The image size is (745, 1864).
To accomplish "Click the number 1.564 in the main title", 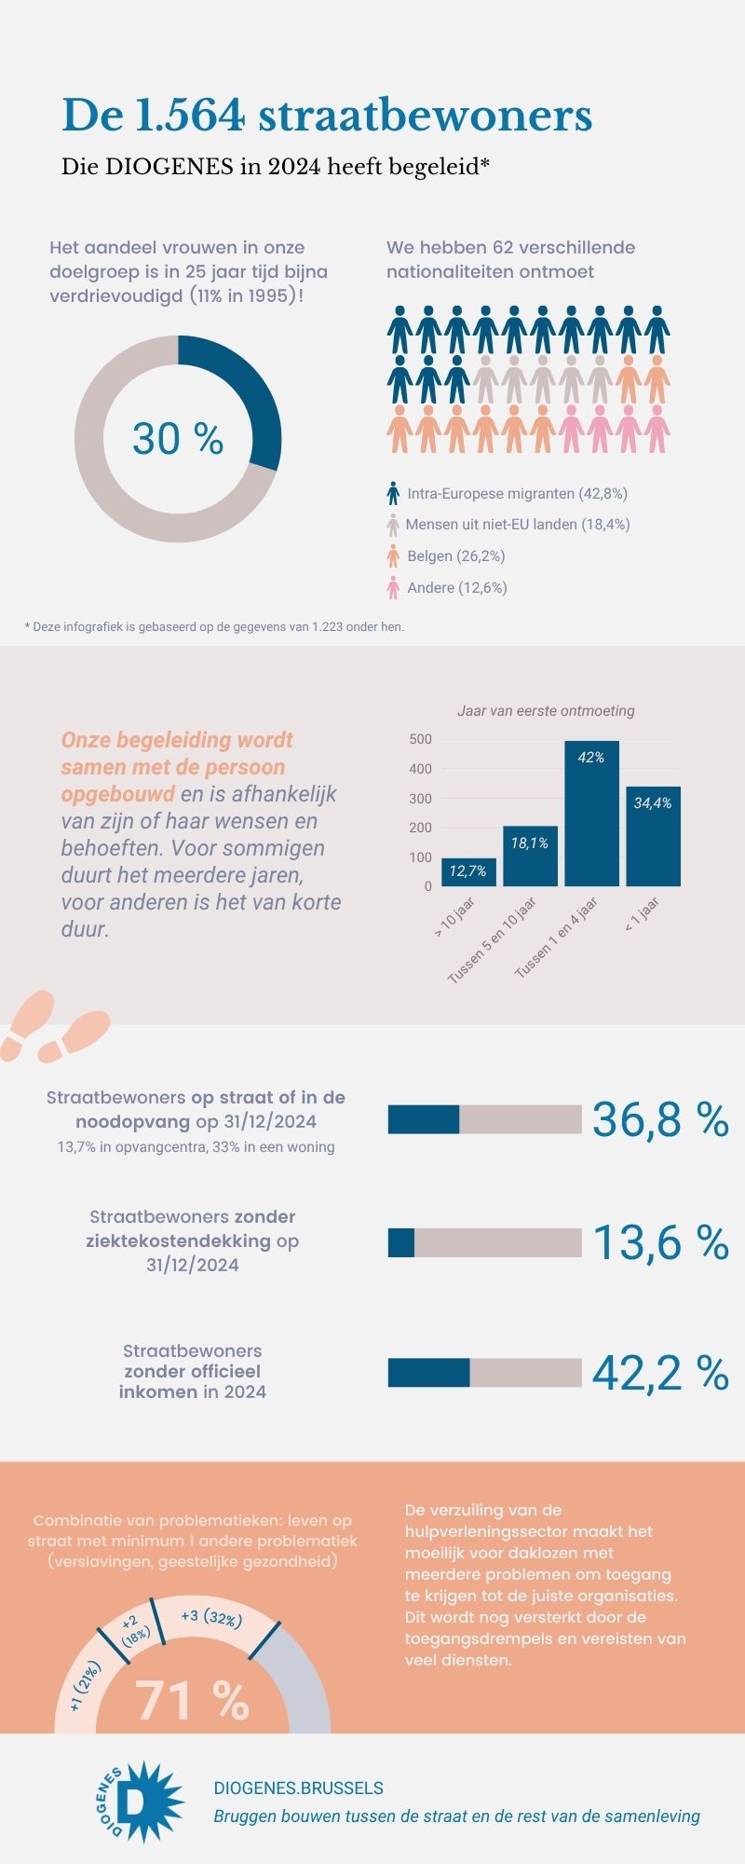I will coord(190,117).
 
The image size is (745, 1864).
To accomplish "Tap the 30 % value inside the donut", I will coord(178,438).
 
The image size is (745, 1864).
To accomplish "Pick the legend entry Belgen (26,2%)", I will coord(456,556).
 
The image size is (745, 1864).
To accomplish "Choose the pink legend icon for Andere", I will coord(393,588).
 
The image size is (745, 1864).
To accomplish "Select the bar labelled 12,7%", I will coord(468,872).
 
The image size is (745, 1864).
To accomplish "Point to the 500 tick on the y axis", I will coord(421,739).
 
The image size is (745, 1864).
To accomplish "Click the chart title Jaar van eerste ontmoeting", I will coord(546,711).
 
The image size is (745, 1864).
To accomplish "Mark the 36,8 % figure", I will coord(659,1119).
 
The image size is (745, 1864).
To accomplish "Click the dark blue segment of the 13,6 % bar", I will coord(401,1242).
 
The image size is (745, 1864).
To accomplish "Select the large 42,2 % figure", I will coord(659,1373).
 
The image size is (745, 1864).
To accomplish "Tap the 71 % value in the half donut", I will coord(193,1701).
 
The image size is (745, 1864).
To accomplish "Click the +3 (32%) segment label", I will coord(211,1617).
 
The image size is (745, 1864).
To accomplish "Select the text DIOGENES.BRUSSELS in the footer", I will coord(298,1789).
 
